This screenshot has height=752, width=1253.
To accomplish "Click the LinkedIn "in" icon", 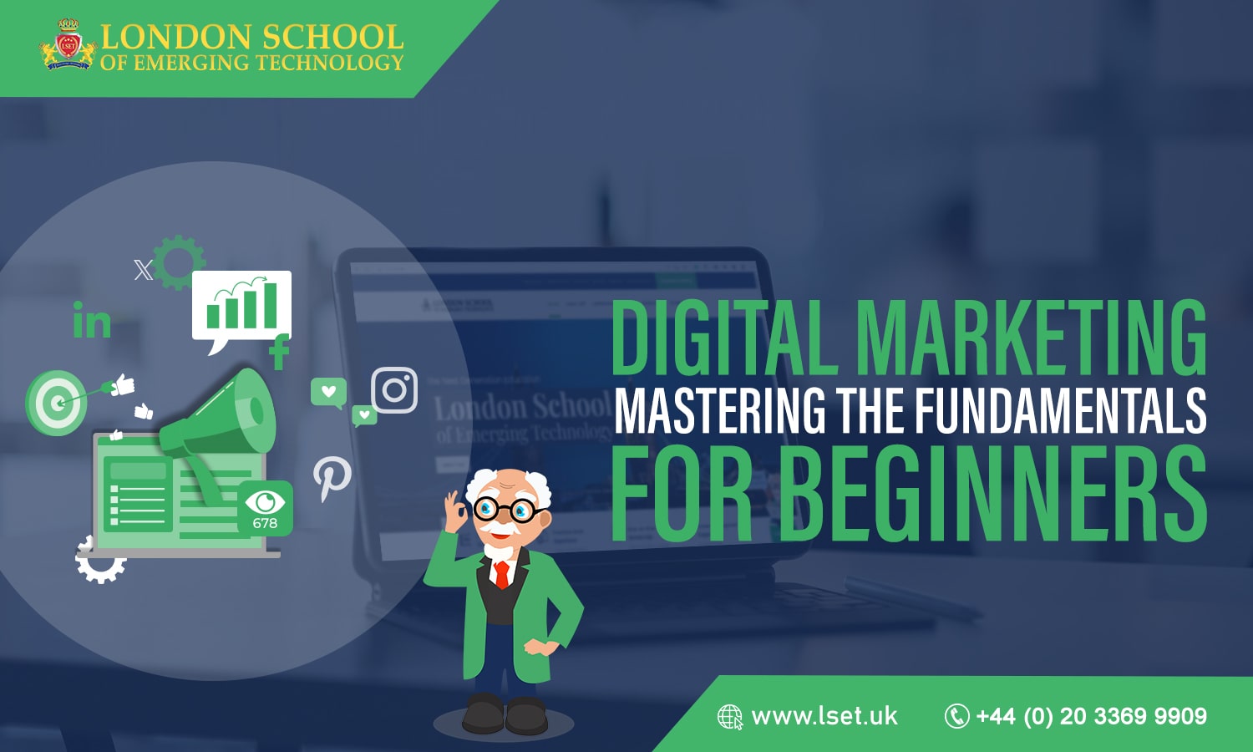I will pyautogui.click(x=92, y=321).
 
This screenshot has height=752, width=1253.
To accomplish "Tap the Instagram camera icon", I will pyautogui.click(x=394, y=389).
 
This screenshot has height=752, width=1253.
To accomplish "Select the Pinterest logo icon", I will pyautogui.click(x=332, y=478).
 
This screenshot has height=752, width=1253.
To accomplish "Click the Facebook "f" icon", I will pyautogui.click(x=280, y=351).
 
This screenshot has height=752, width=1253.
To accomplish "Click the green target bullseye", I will pyautogui.click(x=56, y=403).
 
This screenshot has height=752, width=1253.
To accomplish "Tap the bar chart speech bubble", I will pyautogui.click(x=241, y=306).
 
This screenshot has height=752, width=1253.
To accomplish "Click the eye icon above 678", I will pyautogui.click(x=265, y=501).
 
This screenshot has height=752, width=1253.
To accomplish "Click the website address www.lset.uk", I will pyautogui.click(x=824, y=716).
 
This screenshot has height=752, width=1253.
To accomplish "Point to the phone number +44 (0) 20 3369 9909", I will pyautogui.click(x=1091, y=716).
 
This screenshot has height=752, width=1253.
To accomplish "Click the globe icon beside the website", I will pyautogui.click(x=730, y=717).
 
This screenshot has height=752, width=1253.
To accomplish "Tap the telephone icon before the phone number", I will pyautogui.click(x=956, y=716).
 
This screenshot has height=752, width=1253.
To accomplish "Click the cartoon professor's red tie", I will pyautogui.click(x=501, y=574).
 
